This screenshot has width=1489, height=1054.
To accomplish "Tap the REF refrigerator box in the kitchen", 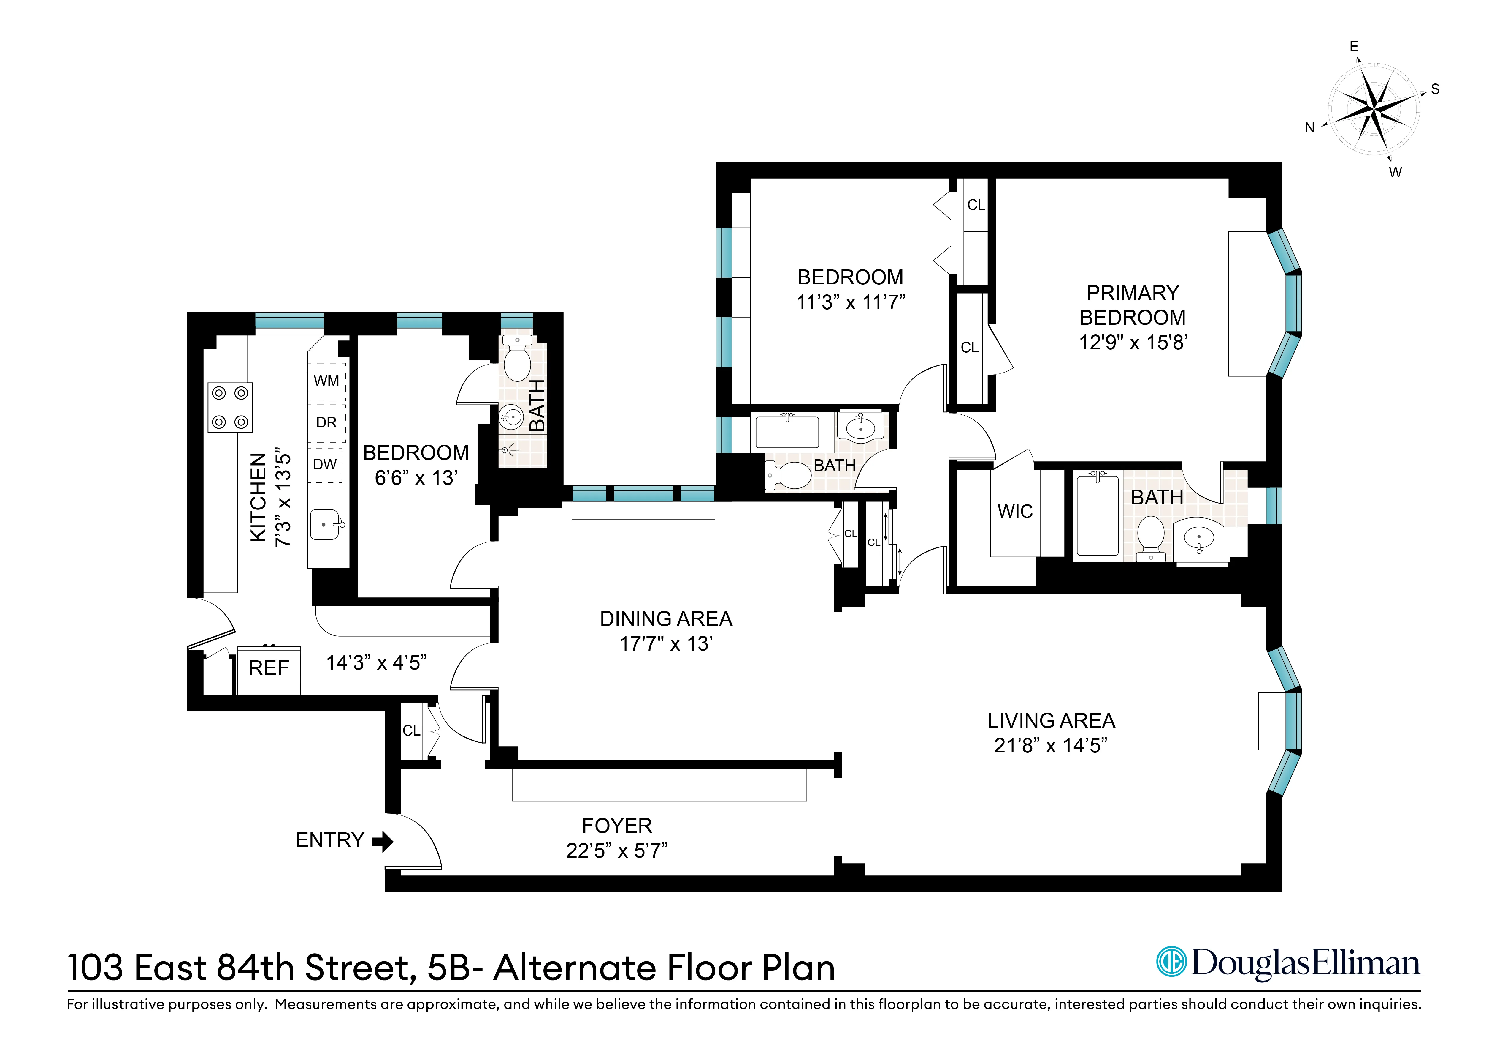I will point(269,669).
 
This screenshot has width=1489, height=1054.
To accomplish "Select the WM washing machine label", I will point(326,381).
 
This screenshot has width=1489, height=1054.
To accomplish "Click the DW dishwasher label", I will point(325,465).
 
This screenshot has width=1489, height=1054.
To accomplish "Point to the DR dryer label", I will point(326,423).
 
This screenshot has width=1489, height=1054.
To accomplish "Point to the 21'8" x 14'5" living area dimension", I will point(1051,746).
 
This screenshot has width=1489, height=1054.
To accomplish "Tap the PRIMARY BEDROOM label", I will point(1132,305).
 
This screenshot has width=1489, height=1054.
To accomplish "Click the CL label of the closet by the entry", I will point(411,731).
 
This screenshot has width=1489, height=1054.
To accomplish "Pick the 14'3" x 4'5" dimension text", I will point(376,663).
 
